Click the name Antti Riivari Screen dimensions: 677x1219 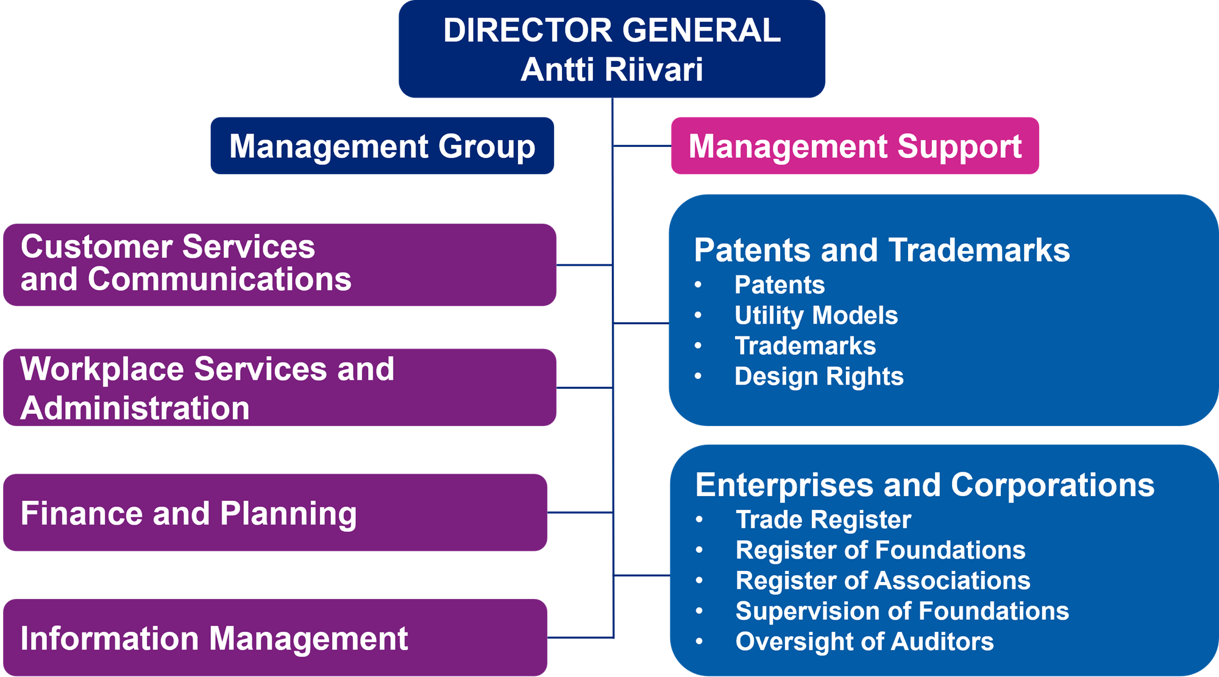click(611, 69)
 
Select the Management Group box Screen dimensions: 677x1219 click(382, 146)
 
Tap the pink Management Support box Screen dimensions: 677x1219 click(855, 146)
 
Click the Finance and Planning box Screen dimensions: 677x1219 click(275, 513)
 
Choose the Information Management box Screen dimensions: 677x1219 click(275, 638)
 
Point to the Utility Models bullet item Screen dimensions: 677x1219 click(816, 316)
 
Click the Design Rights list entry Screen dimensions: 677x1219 click(819, 377)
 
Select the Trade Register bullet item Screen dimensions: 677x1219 click(823, 520)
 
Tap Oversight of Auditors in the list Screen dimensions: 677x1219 click(864, 642)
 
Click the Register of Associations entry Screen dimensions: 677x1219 click(883, 581)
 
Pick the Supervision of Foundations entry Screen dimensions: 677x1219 click(902, 611)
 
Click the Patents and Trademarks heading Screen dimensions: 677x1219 click(881, 250)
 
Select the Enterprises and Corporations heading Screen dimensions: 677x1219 click(925, 485)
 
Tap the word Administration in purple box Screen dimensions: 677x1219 click(135, 408)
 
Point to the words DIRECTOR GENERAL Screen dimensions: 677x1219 click(611, 30)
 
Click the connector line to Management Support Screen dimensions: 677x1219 click(641, 146)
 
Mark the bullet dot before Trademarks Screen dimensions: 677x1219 click(698, 346)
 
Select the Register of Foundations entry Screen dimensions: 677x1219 click(880, 550)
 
